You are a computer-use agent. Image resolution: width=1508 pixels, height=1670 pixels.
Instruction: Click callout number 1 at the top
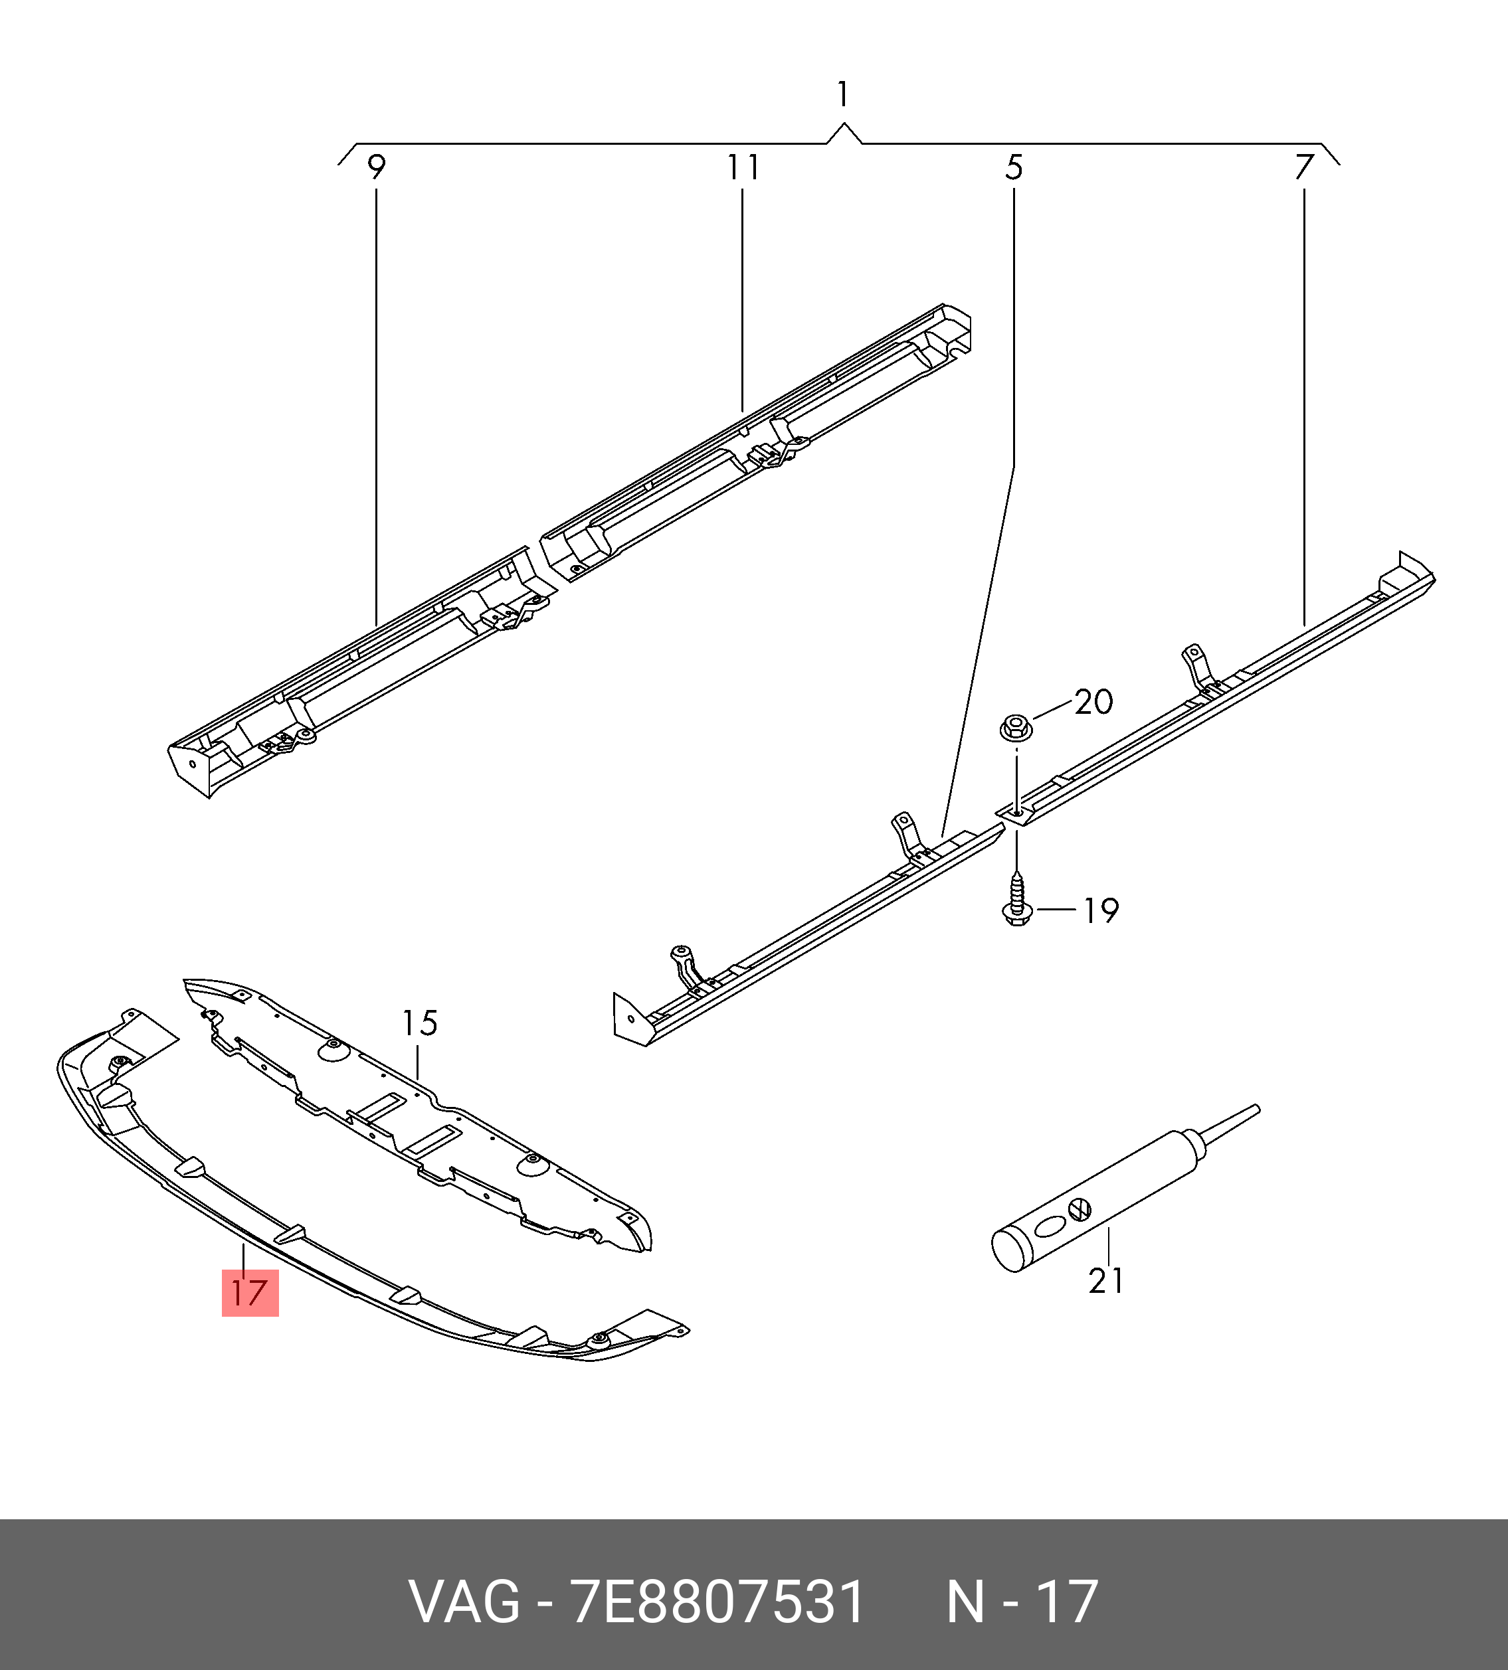point(842,94)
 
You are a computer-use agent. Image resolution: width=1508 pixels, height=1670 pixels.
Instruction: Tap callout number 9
point(376,167)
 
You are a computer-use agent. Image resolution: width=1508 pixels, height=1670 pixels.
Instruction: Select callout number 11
point(743,167)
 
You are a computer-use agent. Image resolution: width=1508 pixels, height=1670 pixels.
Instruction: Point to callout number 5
point(1014,167)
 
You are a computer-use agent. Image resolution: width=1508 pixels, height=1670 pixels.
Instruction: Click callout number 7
point(1304,167)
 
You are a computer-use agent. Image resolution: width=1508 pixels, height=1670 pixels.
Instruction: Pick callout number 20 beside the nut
point(1093,702)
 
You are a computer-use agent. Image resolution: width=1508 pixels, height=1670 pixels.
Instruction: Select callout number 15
point(419,1023)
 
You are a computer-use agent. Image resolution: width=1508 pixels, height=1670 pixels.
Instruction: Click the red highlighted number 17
point(249,1293)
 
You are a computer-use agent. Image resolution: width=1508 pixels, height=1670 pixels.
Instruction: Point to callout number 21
point(1106,1281)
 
